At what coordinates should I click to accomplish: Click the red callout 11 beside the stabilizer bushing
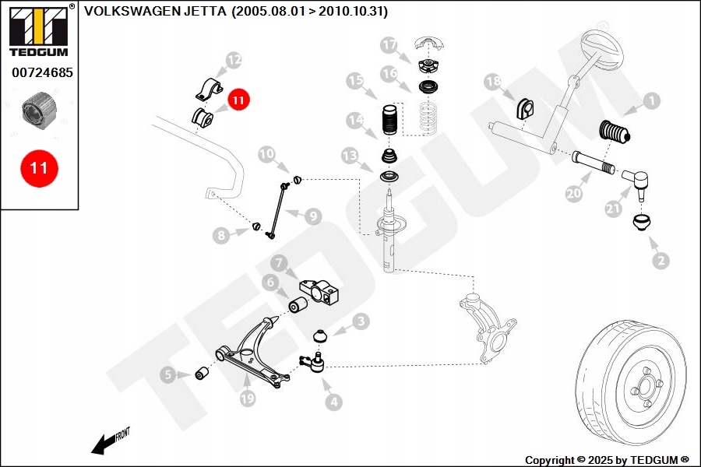tap(238, 100)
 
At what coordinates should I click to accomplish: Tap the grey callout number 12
tap(234, 59)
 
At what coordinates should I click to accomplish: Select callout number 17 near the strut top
tap(389, 45)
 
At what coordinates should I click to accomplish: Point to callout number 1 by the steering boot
tap(651, 100)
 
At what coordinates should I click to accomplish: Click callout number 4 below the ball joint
tap(334, 402)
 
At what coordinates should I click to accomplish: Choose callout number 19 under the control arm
tap(248, 399)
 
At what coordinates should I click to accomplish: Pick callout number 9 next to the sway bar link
tap(312, 216)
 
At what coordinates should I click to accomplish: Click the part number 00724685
tap(42, 74)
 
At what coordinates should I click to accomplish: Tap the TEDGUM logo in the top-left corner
tap(38, 31)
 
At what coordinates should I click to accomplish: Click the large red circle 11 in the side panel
tap(38, 168)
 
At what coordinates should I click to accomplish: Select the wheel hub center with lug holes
tap(644, 389)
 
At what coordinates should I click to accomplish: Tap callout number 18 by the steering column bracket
tap(492, 82)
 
